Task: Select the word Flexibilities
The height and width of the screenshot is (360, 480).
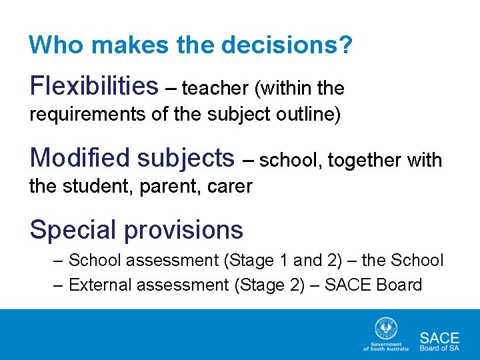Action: point(94,86)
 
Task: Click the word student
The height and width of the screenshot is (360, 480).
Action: point(96,186)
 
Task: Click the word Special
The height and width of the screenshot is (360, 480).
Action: point(73,230)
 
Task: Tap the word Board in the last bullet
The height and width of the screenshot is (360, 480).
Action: point(399,285)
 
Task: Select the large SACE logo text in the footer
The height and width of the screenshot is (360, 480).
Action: point(439,336)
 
